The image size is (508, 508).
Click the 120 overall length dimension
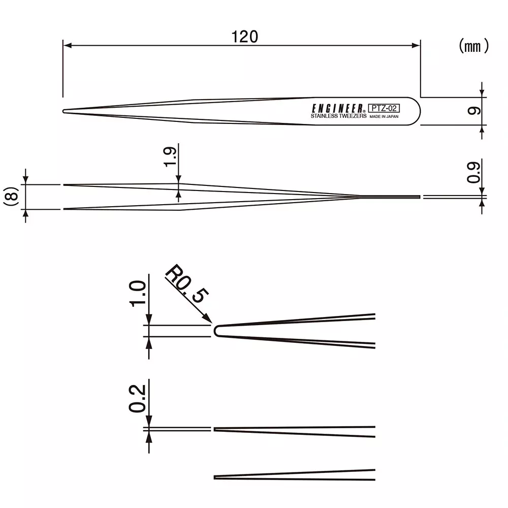point(245,37)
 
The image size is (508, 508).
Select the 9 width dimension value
point(474,111)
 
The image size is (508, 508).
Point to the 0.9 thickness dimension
point(474,172)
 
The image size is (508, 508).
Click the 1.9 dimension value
point(171,157)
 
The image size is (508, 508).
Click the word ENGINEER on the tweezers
point(337,108)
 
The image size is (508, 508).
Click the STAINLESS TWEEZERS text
point(338,116)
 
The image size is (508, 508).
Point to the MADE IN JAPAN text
point(384,116)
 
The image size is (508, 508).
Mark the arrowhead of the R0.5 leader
point(209,319)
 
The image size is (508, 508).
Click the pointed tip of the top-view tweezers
point(64,111)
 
